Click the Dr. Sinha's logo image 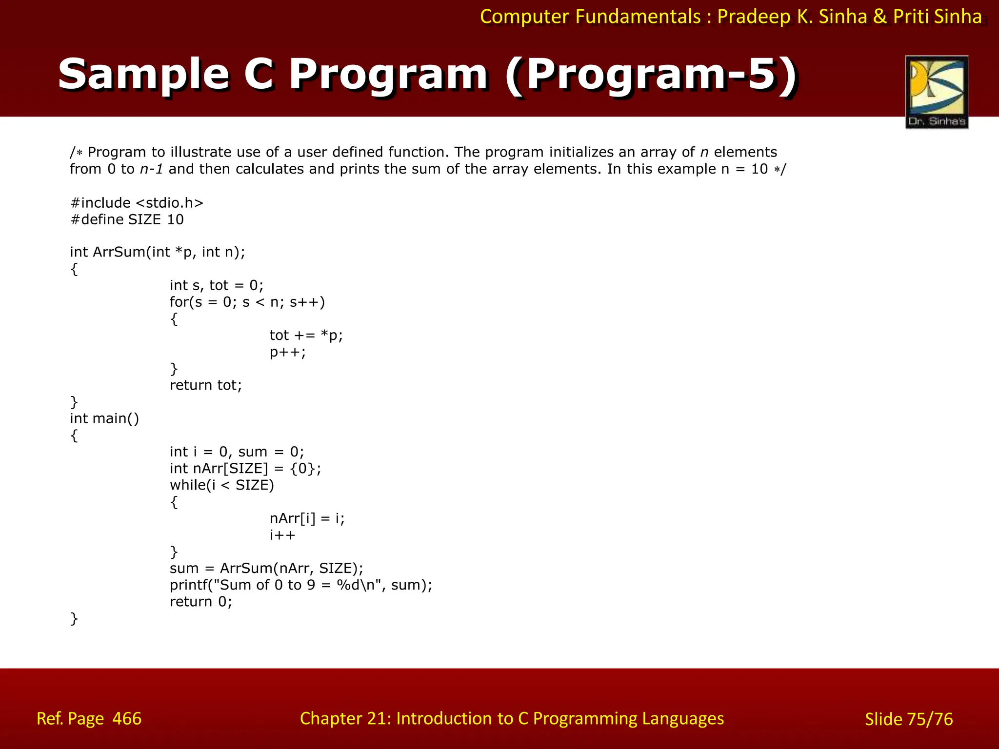937,92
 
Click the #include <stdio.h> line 137,203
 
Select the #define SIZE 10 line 127,219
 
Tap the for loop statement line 247,302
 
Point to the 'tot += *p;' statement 306,335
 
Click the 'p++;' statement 287,352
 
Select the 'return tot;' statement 205,385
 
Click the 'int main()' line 104,418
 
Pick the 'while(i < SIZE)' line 221,485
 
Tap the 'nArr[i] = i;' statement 307,518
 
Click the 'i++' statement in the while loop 282,535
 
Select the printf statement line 300,585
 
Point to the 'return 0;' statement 200,602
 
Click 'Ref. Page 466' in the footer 89,719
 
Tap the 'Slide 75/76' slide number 908,719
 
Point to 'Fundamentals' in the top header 638,17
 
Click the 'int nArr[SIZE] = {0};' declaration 245,469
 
